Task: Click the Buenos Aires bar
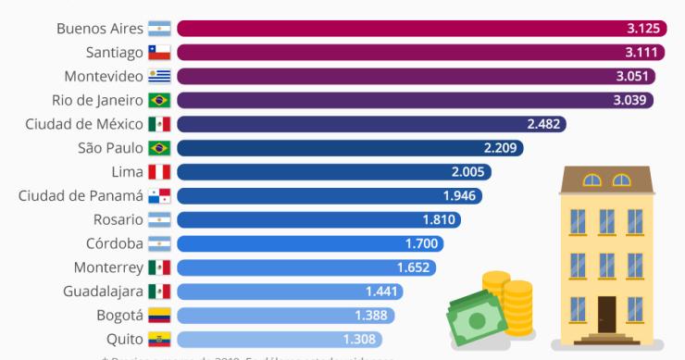click(x=417, y=29)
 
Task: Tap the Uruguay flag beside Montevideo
click(x=159, y=77)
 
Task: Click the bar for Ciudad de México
click(x=370, y=124)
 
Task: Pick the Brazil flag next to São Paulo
click(x=159, y=148)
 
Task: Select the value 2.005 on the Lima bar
click(x=468, y=172)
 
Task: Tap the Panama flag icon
click(x=159, y=196)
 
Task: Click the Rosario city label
click(x=118, y=219)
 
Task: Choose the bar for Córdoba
click(x=309, y=243)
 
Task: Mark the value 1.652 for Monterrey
click(x=414, y=267)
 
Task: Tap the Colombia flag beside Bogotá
click(x=159, y=316)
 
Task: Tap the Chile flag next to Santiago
click(x=159, y=53)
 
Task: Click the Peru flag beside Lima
click(x=159, y=172)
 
